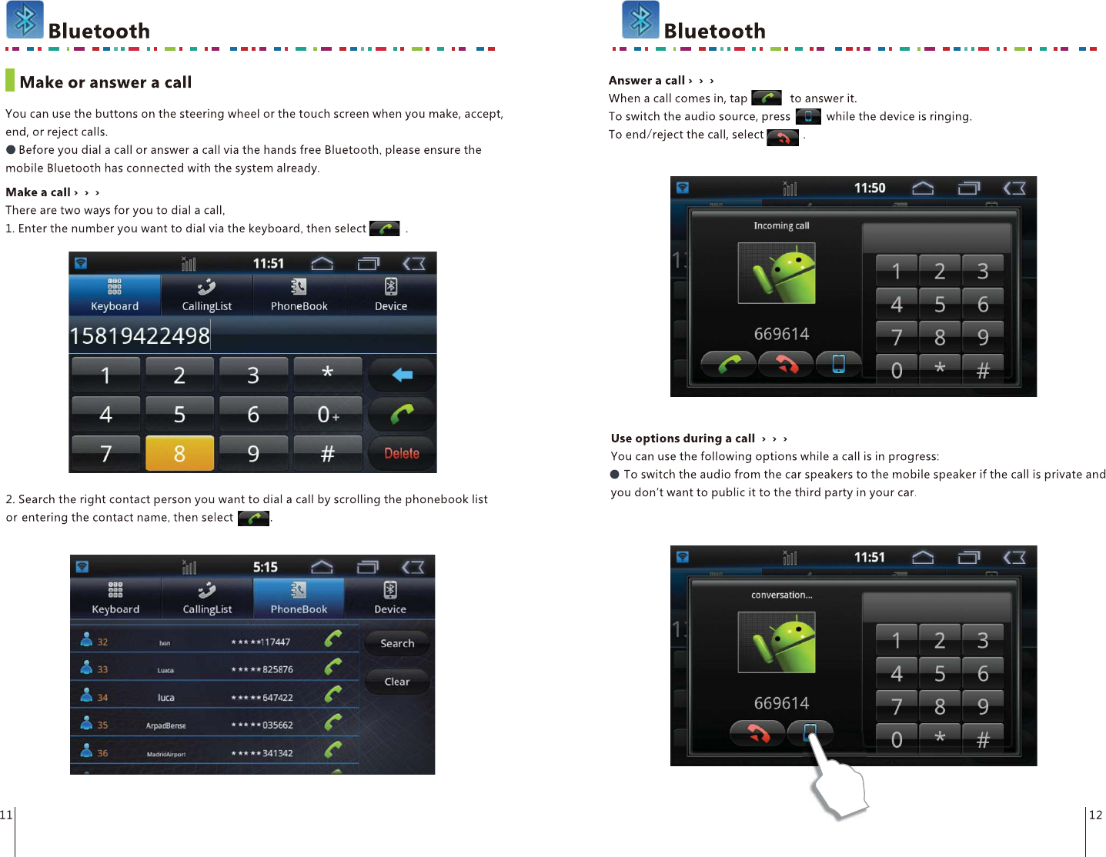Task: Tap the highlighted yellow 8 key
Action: coord(179,453)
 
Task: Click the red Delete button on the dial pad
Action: coord(402,453)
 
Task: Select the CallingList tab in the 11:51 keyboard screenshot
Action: coord(206,295)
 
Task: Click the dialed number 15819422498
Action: coord(140,336)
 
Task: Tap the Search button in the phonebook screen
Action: coord(397,643)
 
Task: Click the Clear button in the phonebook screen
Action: coord(397,682)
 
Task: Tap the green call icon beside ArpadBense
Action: coord(333,723)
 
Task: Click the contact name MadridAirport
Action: coord(166,754)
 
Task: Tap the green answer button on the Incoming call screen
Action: coord(729,364)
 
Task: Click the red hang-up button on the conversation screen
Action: coord(757,733)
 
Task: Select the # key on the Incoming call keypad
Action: coord(983,371)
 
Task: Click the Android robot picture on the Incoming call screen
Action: coord(777,274)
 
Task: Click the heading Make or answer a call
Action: coord(105,82)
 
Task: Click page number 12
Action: coord(1095,815)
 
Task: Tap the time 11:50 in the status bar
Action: coord(870,188)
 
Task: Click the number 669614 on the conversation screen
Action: coord(781,703)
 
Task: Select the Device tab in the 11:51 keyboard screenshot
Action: coord(391,295)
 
